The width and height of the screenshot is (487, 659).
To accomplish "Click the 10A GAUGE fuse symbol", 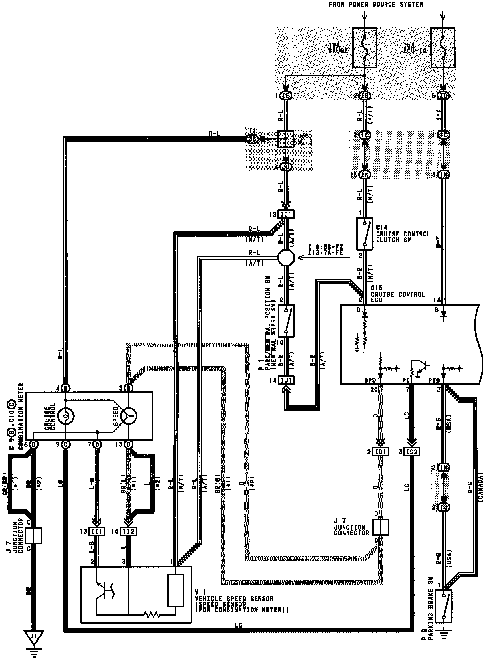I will tap(364, 48).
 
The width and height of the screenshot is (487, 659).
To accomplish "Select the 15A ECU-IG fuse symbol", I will tap(443, 48).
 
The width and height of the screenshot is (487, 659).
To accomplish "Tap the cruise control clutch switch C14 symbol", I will tap(365, 234).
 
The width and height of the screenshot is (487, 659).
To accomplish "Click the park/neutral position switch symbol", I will tap(286, 321).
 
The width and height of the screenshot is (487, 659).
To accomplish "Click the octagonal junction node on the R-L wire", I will tap(286, 258).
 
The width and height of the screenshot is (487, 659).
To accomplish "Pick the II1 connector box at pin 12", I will tap(286, 214).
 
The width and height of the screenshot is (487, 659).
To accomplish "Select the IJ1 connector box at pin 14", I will tap(286, 380).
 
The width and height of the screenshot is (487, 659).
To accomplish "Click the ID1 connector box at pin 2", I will tap(381, 452).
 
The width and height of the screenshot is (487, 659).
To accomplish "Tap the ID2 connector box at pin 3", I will tap(412, 452).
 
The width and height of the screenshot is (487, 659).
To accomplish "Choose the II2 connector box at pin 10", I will tap(128, 531).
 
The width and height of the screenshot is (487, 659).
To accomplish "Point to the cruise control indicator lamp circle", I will tap(66, 416).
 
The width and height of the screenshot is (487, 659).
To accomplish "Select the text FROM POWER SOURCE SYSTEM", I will tap(376, 5).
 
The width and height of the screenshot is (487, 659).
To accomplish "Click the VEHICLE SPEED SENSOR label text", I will tap(234, 598).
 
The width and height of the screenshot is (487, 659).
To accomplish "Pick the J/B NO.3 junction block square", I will tap(286, 139).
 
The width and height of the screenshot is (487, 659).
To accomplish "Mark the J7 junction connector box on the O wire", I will tap(381, 527).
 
